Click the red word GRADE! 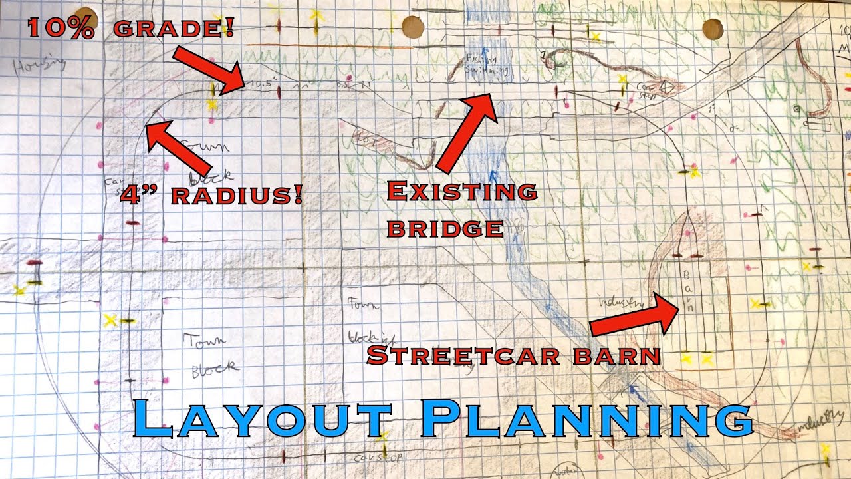click(x=174, y=29)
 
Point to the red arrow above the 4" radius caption click(x=178, y=148)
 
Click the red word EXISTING click(x=461, y=192)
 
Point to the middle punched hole click(x=413, y=27)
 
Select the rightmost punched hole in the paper click(x=713, y=29)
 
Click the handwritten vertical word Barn click(x=689, y=290)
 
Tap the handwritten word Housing click(x=39, y=65)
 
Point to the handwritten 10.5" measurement click(x=259, y=85)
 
